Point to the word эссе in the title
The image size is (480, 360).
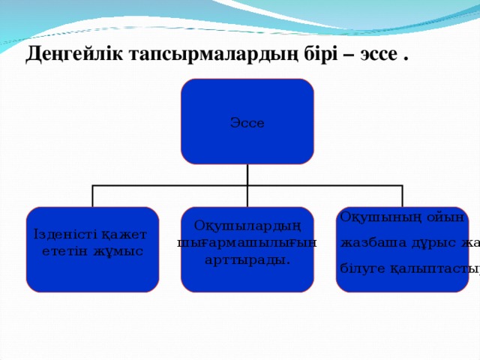coord(379,55)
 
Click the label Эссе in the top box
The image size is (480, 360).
coord(247,123)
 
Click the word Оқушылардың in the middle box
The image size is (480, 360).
coord(247,226)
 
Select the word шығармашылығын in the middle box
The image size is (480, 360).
coord(247,242)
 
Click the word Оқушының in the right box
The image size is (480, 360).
coord(370,217)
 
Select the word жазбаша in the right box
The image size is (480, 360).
coord(369,242)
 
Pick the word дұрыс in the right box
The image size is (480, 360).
coord(430,242)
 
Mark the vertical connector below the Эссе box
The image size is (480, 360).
coord(247,174)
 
